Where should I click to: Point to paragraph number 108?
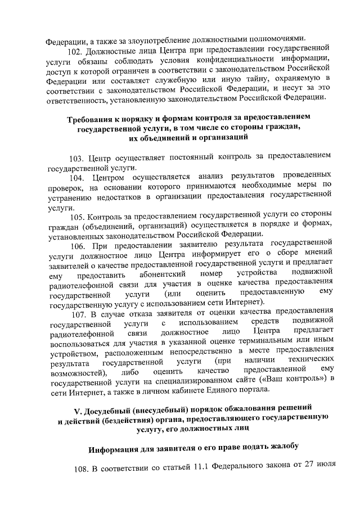coord(83,469)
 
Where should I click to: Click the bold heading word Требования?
coord(92,120)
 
